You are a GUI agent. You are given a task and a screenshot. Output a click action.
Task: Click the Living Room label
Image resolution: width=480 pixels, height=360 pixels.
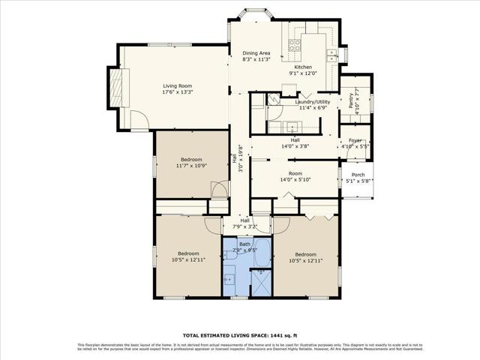click(x=178, y=85)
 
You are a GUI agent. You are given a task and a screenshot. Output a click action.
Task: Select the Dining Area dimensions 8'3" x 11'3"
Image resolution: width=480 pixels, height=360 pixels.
click(x=256, y=59)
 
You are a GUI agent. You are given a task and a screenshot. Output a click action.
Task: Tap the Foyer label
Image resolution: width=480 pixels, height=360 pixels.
click(x=355, y=139)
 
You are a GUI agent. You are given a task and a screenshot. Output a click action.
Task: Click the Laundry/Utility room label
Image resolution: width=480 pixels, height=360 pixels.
click(x=312, y=101)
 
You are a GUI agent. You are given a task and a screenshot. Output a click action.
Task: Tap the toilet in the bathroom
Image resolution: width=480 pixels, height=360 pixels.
click(x=232, y=256)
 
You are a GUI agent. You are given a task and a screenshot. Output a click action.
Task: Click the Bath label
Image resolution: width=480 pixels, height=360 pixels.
click(x=244, y=244)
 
